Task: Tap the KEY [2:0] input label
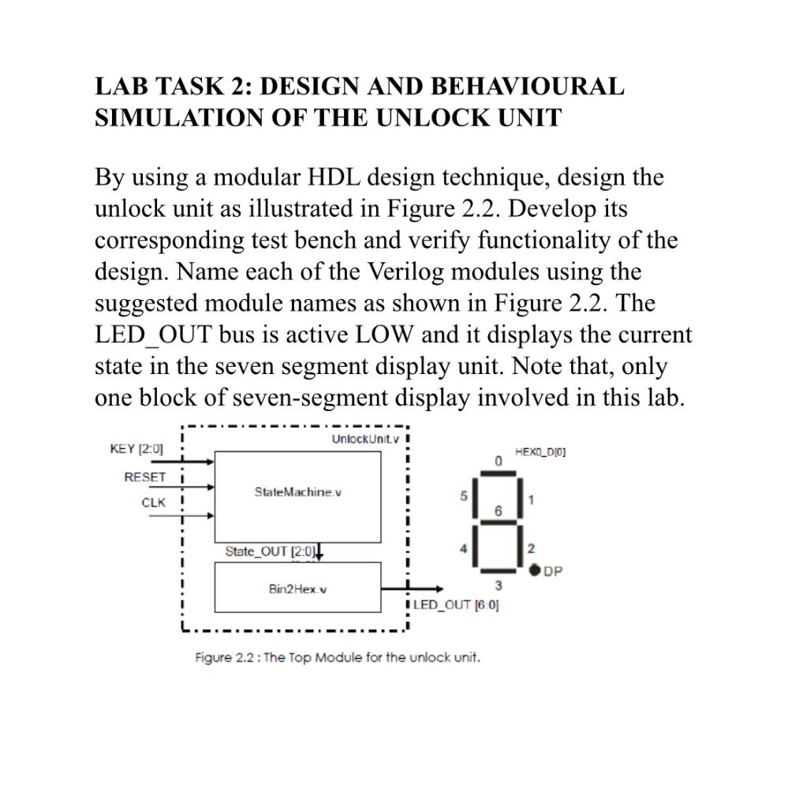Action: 136,449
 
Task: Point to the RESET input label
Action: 145,477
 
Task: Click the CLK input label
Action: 154,503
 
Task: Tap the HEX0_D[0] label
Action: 540,452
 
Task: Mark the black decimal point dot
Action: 535,570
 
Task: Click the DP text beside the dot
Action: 552,571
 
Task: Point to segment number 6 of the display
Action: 498,511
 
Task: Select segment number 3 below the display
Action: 498,585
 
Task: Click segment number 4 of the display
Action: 465,548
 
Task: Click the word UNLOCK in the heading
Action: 434,118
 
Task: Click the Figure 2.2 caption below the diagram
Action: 338,657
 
